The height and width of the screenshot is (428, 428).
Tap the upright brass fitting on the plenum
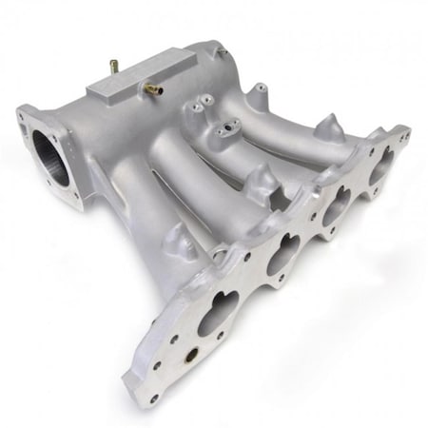(114, 68)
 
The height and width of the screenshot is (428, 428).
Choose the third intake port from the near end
(336, 207)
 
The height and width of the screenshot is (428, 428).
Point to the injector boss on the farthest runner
(258, 92)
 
